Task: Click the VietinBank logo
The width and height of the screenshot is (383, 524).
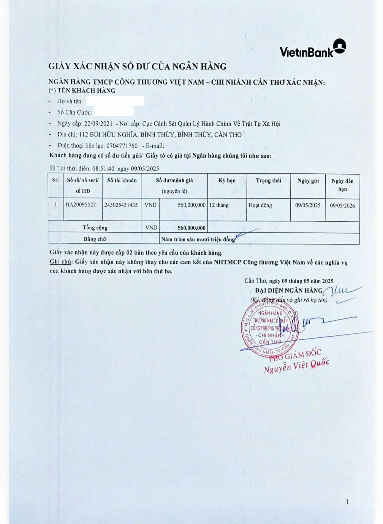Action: point(313,49)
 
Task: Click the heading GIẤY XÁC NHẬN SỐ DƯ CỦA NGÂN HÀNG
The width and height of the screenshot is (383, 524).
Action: point(137,66)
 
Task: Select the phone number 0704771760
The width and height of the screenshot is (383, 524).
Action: point(122,146)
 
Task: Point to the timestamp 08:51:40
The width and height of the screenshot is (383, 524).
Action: point(103,169)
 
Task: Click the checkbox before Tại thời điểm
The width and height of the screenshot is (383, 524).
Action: point(53,169)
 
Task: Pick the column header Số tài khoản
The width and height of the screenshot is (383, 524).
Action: point(122,180)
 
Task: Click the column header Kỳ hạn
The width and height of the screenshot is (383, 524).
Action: point(227,180)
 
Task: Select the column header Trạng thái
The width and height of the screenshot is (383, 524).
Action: point(268,180)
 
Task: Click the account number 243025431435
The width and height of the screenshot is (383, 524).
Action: point(121,205)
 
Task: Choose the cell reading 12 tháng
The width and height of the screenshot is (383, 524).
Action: point(219,205)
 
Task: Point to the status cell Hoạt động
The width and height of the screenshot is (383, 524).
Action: point(260,205)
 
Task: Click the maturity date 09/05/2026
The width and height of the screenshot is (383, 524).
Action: point(342,205)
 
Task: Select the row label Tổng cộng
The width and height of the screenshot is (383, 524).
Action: point(95,228)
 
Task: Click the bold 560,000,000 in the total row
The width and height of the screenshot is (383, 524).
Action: point(191,228)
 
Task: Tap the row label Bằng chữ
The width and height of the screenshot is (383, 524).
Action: point(95,239)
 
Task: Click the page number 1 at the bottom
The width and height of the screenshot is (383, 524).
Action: point(347,502)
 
